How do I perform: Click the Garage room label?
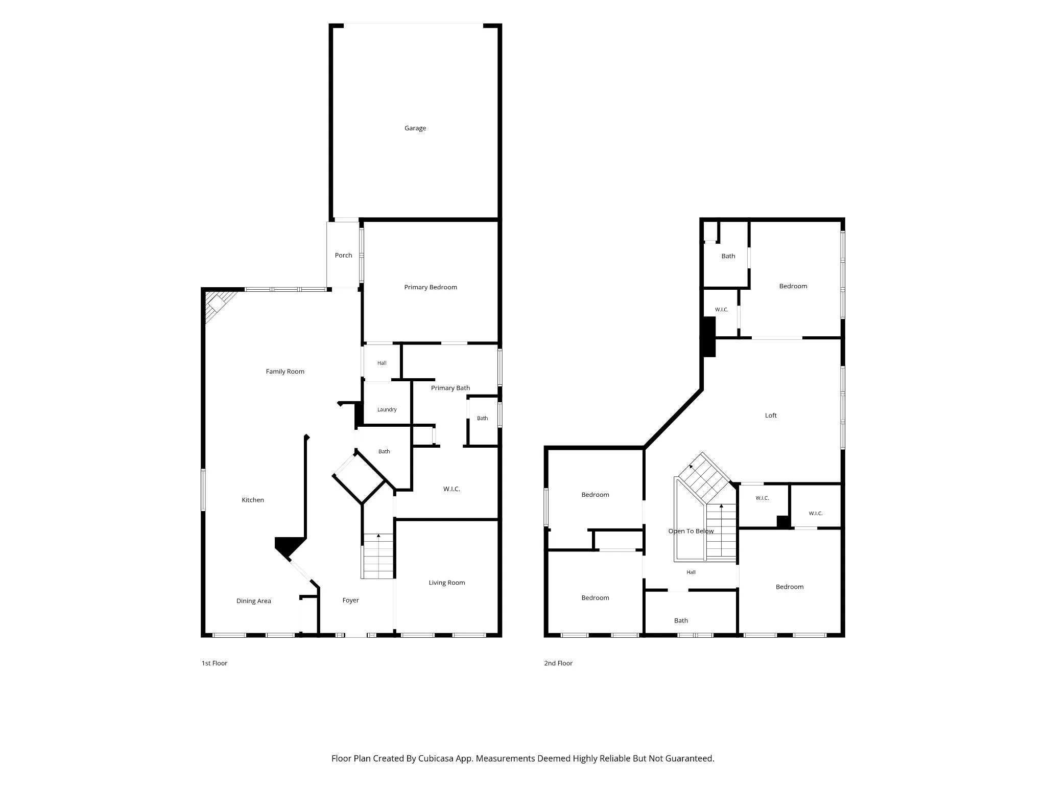click(415, 128)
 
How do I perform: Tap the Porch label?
click(343, 256)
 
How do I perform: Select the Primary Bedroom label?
click(431, 287)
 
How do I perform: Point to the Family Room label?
click(285, 372)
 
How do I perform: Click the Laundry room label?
click(387, 409)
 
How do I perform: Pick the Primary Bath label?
click(450, 388)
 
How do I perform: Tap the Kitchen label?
click(253, 500)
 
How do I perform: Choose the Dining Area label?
click(253, 601)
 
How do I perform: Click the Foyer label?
click(351, 601)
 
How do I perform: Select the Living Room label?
click(447, 583)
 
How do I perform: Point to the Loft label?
click(771, 415)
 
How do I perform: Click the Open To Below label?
click(691, 531)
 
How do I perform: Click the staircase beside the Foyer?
click(378, 556)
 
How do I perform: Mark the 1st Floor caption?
click(215, 663)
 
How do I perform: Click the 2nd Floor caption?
click(558, 663)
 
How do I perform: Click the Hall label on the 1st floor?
click(382, 363)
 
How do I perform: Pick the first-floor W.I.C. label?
click(451, 489)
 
